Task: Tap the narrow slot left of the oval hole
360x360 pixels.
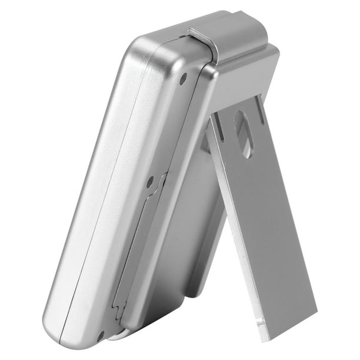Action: point(219,126)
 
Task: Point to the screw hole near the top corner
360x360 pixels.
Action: point(183,77)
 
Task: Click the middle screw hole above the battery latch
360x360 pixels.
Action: point(151,181)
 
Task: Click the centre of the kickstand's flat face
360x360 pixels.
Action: point(265,224)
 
